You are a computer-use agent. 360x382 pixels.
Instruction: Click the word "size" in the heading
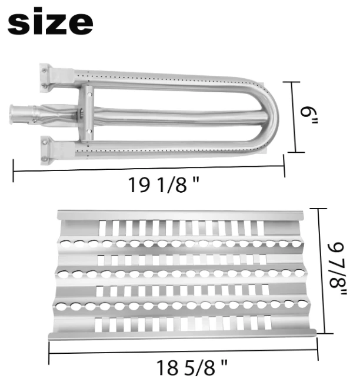(x=50, y=21)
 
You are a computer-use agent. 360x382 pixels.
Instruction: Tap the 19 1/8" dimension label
(x=164, y=185)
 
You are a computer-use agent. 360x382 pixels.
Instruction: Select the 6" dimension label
(x=309, y=116)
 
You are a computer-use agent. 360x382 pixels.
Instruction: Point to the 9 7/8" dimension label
(x=338, y=269)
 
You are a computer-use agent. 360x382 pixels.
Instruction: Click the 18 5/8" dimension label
(x=192, y=368)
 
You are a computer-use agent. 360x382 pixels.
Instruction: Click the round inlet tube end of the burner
(x=15, y=115)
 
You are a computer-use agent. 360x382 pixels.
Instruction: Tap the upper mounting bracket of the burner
(x=46, y=78)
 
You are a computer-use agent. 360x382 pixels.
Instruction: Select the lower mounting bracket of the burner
(x=46, y=150)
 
